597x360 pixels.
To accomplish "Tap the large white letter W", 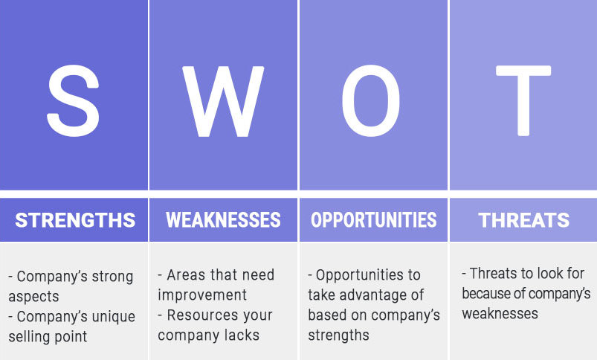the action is [x=223, y=101].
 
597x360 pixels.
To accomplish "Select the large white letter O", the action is [x=371, y=100].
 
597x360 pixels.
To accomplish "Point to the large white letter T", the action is [x=523, y=100].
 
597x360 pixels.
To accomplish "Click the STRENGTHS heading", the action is [x=75, y=220].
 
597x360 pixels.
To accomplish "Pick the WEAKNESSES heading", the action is [x=223, y=220].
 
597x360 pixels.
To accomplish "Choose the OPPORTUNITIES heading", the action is [x=373, y=220].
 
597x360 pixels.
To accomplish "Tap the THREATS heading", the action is [x=524, y=220].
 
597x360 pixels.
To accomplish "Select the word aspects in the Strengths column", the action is [x=33, y=297].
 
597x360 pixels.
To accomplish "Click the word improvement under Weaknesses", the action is [x=202, y=295].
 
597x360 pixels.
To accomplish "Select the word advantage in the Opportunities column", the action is [x=366, y=295].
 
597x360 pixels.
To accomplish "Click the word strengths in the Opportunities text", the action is [x=338, y=335].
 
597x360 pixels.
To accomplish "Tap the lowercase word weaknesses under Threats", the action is [x=500, y=314].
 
